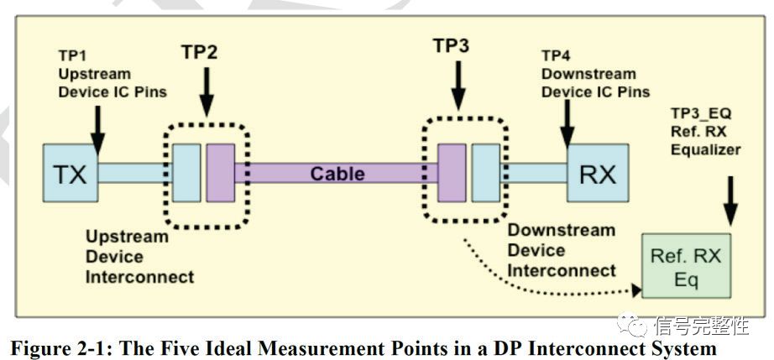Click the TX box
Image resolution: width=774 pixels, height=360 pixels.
(71, 174)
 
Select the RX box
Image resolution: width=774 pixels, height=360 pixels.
(597, 174)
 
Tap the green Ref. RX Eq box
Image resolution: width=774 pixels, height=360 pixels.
(687, 268)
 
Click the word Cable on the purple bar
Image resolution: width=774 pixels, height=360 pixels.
(337, 174)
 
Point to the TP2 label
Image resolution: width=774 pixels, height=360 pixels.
(199, 53)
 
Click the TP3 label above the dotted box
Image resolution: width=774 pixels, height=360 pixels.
(451, 47)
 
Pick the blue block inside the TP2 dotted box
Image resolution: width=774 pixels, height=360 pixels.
(186, 173)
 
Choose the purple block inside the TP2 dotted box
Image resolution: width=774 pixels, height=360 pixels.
(221, 173)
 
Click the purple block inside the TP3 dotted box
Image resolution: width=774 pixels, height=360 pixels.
(452, 173)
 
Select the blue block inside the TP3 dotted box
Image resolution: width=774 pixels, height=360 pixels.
(485, 173)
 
